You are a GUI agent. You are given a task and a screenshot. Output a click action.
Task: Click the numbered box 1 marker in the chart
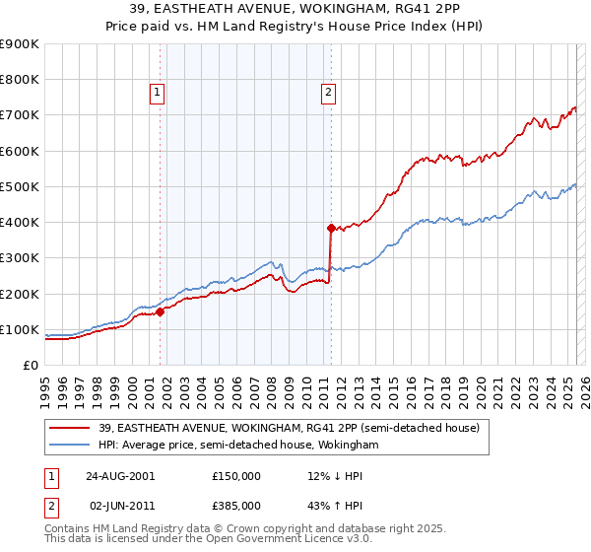click(x=157, y=94)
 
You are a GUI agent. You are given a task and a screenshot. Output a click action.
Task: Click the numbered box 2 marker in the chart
click(x=327, y=94)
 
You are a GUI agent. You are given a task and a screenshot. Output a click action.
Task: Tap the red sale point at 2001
click(x=160, y=311)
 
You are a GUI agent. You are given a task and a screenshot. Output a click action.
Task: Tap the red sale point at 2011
click(x=331, y=227)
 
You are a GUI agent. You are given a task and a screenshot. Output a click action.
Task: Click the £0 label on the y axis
click(x=31, y=366)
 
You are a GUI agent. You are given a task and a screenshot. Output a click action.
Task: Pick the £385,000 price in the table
click(x=236, y=506)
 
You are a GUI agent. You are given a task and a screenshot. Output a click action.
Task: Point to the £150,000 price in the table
click(x=236, y=476)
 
